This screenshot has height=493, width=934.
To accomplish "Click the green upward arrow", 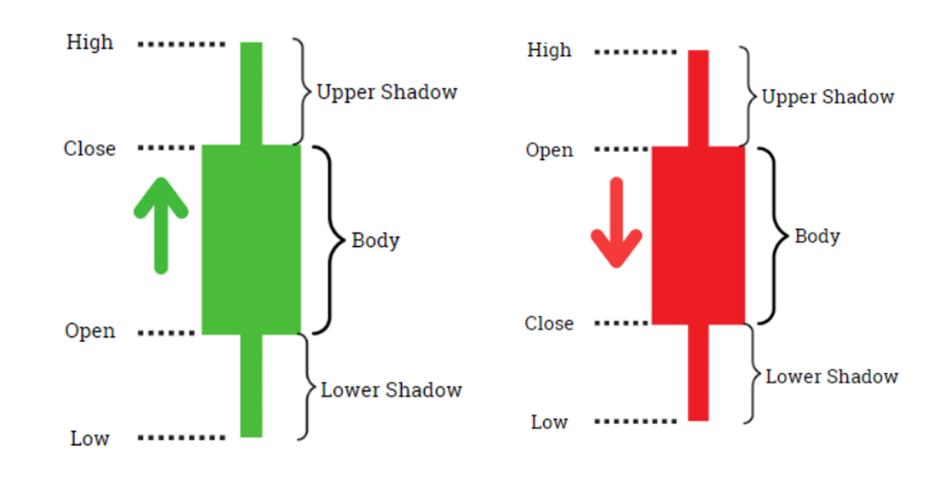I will tap(161, 226).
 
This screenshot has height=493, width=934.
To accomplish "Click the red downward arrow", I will tap(617, 223).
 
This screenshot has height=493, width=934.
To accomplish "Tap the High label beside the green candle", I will tap(90, 43).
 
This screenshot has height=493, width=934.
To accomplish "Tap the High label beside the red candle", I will tap(549, 51).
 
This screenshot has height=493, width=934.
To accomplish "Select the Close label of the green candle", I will tap(90, 149).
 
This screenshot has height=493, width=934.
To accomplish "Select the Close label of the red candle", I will tap(549, 324).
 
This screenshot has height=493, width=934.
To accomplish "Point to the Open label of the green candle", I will tap(90, 331).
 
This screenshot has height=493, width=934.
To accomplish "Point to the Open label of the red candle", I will tap(549, 150).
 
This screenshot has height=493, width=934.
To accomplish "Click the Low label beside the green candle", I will tap(90, 439).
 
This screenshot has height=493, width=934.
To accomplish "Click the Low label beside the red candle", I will tap(549, 422).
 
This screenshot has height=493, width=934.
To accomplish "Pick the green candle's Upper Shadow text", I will tap(387, 92).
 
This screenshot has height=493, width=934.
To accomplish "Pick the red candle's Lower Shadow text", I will tap(832, 377).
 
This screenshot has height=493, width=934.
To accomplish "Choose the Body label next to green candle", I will tap(375, 241).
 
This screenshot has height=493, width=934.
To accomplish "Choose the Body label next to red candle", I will tap(817, 236).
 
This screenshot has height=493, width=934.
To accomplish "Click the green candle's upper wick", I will tap(251, 93).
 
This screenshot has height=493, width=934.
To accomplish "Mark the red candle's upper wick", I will tap(698, 98).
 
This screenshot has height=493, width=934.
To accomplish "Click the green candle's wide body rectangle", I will tap(251, 240).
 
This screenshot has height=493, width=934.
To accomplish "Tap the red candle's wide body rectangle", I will tap(698, 235).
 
